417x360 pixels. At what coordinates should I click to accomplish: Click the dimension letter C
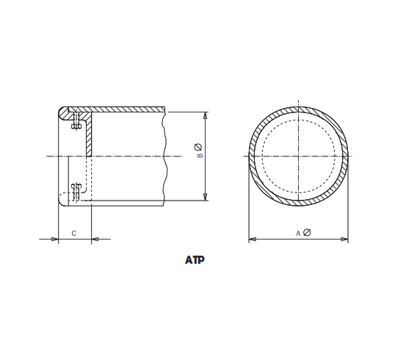[x=73, y=233]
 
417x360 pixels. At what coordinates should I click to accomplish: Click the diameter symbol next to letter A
[x=307, y=233]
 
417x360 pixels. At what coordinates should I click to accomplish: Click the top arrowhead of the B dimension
[x=205, y=115]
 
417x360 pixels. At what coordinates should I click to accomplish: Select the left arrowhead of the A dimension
[x=253, y=239]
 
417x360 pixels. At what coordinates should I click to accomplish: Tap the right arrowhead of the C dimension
[x=94, y=239]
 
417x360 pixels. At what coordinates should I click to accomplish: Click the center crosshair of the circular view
[x=299, y=156]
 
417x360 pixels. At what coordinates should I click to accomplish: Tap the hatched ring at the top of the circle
[x=299, y=109]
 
